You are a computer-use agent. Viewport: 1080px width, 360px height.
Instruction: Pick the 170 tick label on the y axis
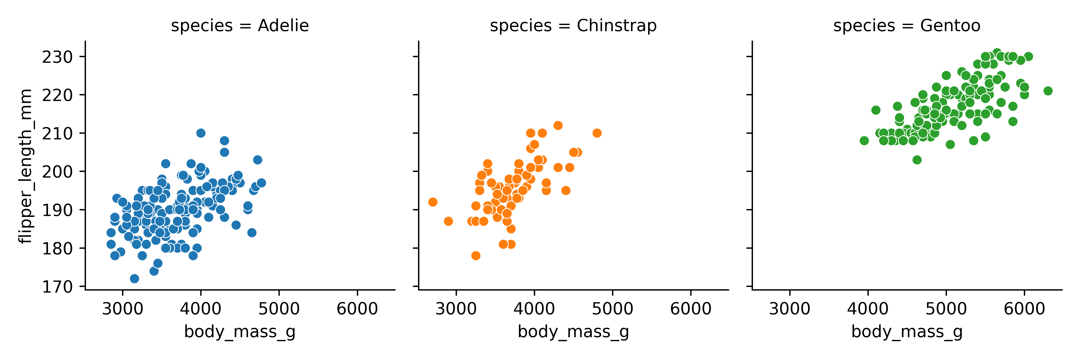tap(57, 287)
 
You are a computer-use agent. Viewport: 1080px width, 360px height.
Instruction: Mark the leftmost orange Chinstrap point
tap(433, 202)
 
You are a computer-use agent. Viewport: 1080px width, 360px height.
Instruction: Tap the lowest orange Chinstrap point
tap(475, 256)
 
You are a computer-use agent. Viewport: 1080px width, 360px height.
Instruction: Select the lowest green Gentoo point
tap(917, 160)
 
